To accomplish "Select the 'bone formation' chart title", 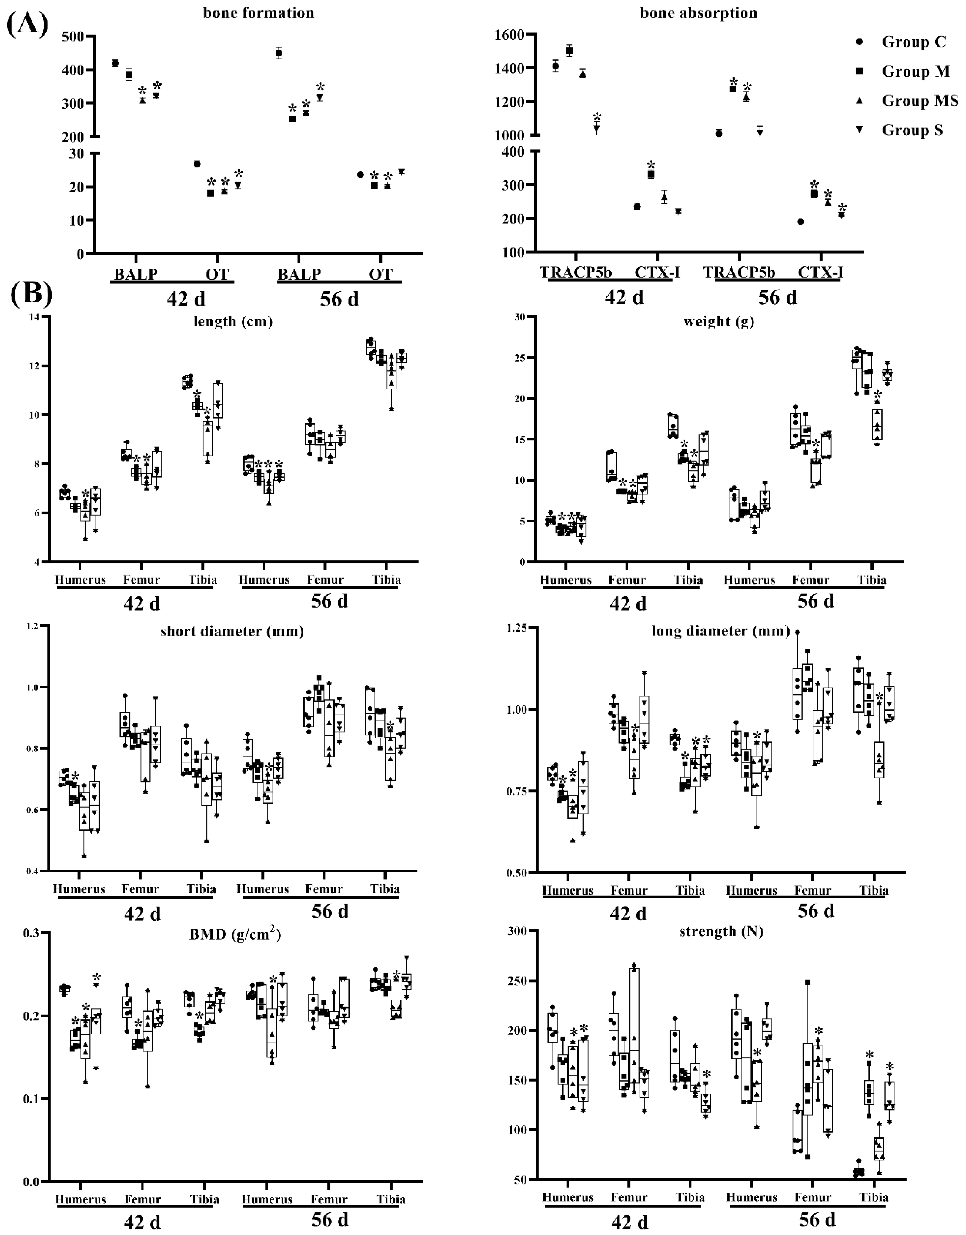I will click(258, 13).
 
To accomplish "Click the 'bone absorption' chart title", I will click(698, 13).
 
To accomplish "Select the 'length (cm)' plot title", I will click(233, 322).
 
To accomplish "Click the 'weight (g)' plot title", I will click(718, 322).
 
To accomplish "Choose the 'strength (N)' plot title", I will click(721, 931).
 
